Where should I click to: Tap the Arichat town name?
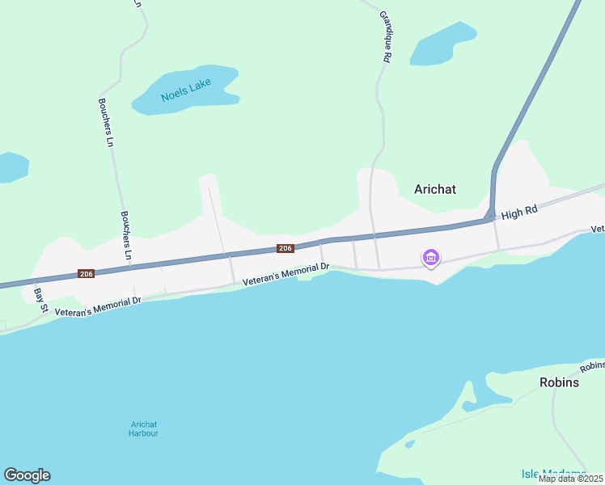pos(435,189)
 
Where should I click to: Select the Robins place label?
pos(560,382)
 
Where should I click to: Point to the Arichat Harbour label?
pos(143,429)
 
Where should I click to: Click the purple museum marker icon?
pos(431,258)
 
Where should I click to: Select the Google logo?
pos(27,475)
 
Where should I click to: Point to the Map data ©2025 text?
pos(569,479)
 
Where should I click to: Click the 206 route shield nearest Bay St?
pos(87,274)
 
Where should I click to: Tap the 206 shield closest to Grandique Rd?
pos(285,248)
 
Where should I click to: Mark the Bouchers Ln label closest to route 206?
pos(126,235)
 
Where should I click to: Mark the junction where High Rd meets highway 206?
pos(491,216)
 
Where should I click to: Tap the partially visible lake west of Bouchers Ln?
pos(11,166)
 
